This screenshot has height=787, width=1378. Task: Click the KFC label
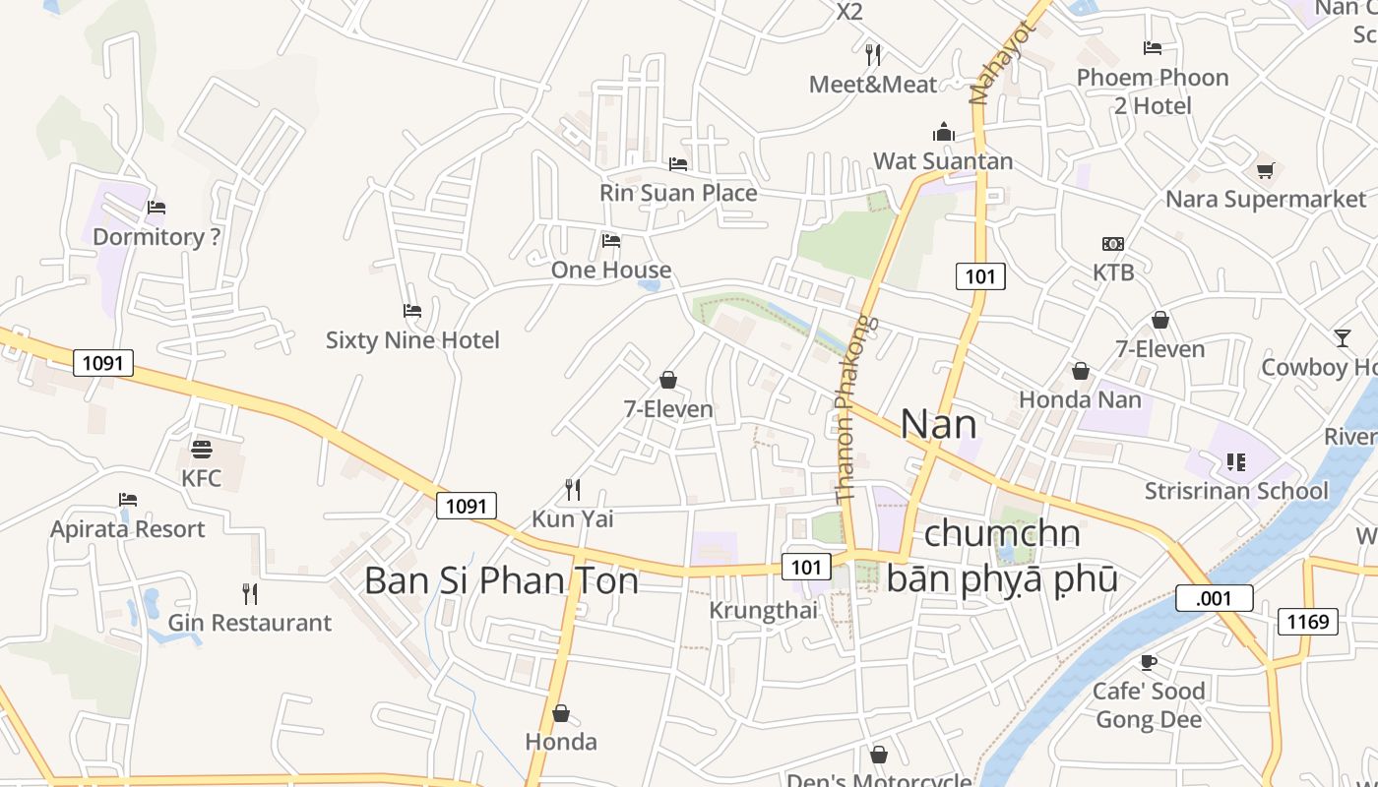pyautogui.click(x=201, y=479)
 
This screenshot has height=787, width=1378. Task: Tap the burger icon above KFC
pyautogui.click(x=202, y=450)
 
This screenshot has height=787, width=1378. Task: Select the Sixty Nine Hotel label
pyautogui.click(x=412, y=340)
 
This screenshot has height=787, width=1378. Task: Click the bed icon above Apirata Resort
pyautogui.click(x=127, y=500)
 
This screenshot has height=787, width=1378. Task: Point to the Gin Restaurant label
pyautogui.click(x=249, y=623)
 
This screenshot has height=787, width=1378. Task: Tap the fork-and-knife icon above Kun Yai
pyautogui.click(x=572, y=489)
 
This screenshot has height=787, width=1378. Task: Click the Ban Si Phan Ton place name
pyautogui.click(x=501, y=580)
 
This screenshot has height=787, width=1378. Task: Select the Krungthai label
pyautogui.click(x=763, y=611)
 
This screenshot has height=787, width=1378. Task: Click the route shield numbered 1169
pyautogui.click(x=1307, y=621)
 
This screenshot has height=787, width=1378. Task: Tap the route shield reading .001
pyautogui.click(x=1214, y=598)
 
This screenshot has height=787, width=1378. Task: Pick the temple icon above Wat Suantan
pyautogui.click(x=944, y=132)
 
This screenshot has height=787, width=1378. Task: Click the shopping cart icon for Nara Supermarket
pyautogui.click(x=1265, y=170)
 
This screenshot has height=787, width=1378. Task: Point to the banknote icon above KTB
pyautogui.click(x=1113, y=244)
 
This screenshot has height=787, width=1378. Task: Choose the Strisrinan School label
pyautogui.click(x=1236, y=490)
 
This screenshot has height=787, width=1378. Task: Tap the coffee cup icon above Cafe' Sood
pyautogui.click(x=1148, y=662)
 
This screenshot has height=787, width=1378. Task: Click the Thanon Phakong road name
pyautogui.click(x=849, y=408)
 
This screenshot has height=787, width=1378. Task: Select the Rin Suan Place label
pyautogui.click(x=678, y=193)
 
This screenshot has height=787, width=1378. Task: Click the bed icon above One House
pyautogui.click(x=611, y=240)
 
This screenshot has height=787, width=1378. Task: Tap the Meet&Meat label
pyautogui.click(x=873, y=85)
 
